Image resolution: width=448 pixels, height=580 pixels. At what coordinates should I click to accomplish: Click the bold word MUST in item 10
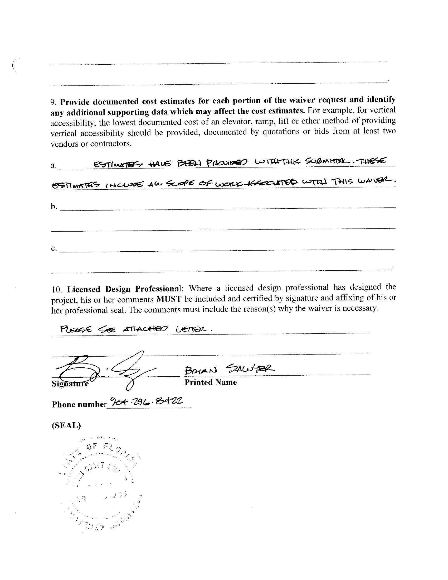point(169,299)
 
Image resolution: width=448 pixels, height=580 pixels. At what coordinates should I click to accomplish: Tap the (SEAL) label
point(66,426)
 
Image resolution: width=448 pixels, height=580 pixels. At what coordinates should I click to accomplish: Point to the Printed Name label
point(211,382)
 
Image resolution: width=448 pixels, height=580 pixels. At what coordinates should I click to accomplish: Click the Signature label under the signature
point(70,384)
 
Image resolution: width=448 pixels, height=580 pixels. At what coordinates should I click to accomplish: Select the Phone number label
point(79,404)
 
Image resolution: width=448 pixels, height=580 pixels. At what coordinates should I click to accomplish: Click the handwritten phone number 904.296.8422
point(146,401)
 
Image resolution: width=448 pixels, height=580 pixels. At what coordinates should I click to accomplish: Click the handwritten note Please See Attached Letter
point(136,330)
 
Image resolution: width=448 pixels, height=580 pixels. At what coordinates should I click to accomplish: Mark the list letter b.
point(53,206)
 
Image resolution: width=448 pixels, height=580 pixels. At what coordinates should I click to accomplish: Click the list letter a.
point(53,165)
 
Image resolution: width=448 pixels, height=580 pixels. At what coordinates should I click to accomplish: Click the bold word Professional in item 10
point(158,288)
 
